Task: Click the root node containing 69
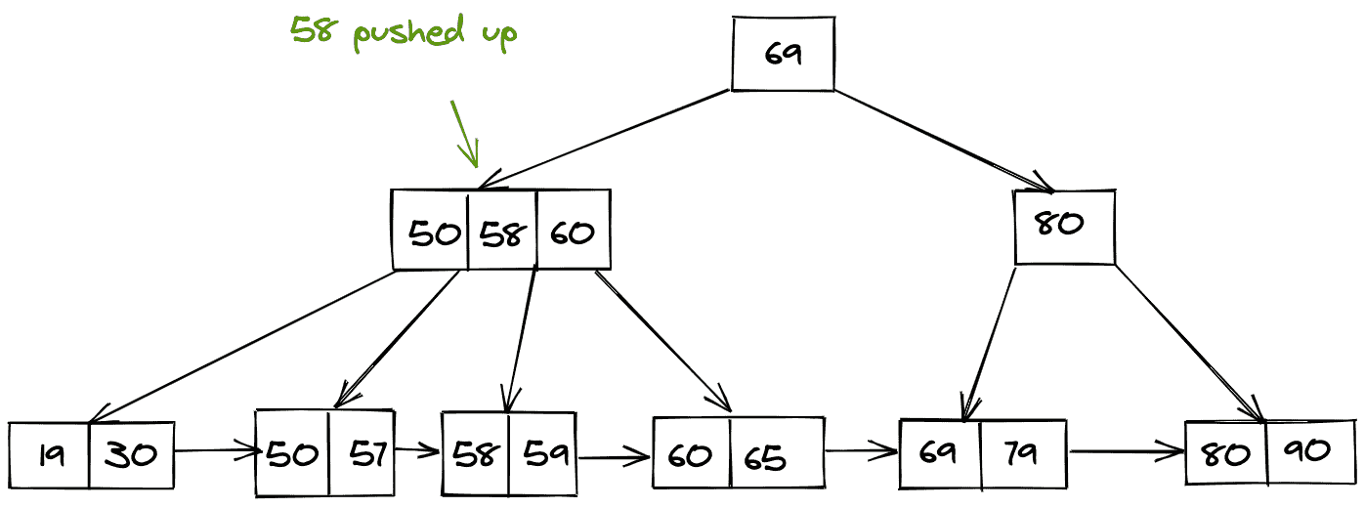[783, 55]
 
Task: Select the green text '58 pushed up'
[404, 32]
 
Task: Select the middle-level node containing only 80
[1063, 227]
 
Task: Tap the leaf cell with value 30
[131, 454]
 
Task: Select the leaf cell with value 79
[1022, 452]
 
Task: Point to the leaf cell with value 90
[1310, 450]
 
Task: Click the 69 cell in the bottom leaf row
[939, 452]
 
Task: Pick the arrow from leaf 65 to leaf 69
[861, 451]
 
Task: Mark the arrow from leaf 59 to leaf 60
[614, 454]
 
